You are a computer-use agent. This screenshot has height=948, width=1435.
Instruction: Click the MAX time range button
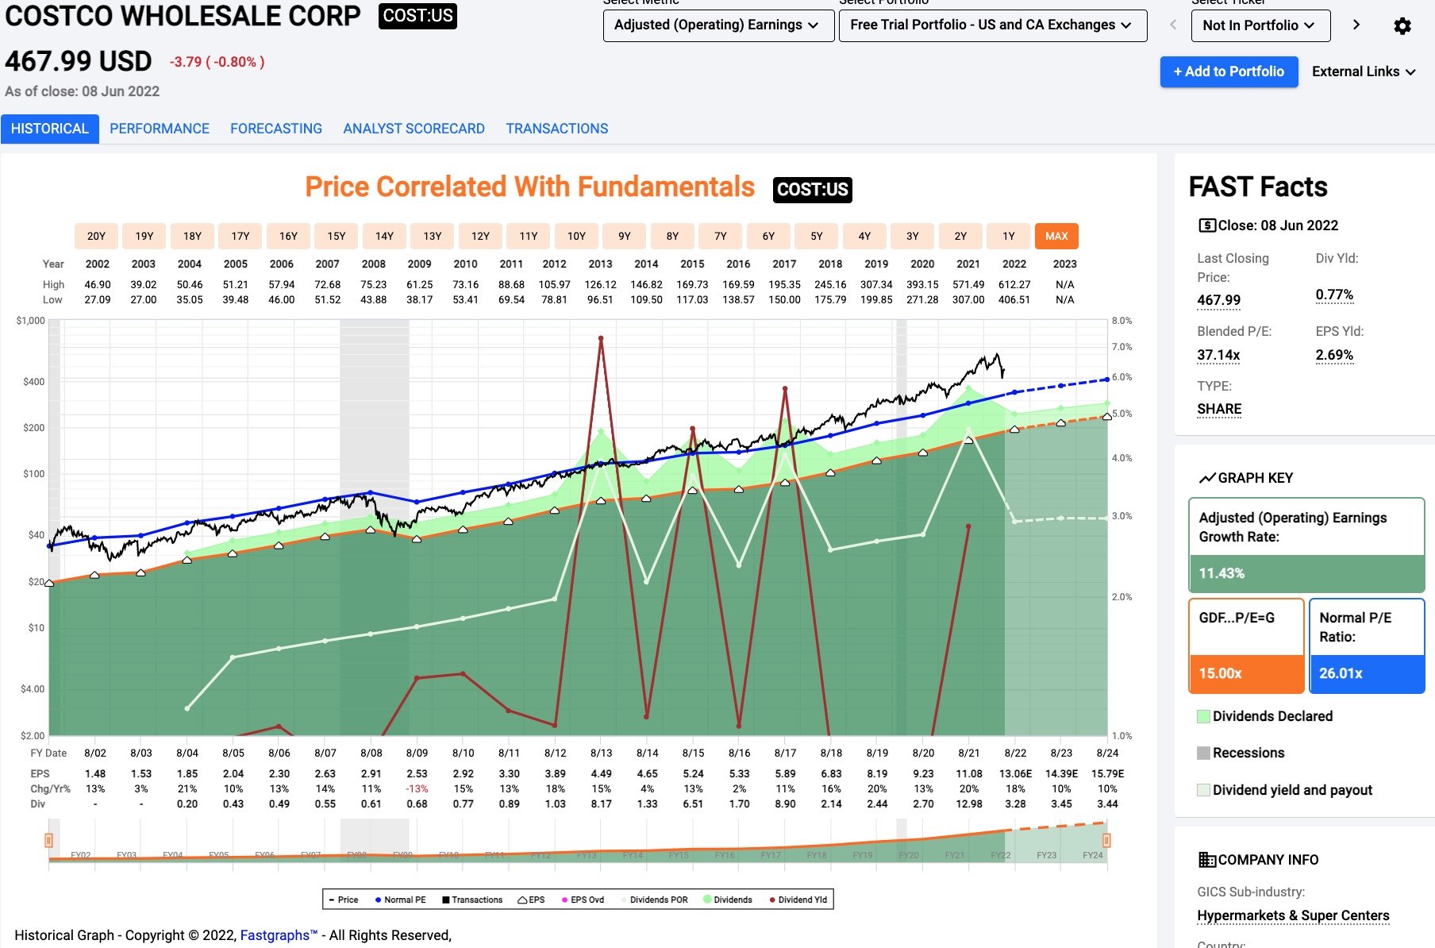tap(1056, 236)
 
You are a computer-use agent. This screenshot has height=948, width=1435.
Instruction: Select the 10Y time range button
tap(576, 236)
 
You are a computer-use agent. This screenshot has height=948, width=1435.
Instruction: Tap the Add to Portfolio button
tap(1229, 71)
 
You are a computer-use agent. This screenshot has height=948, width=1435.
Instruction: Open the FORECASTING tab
tap(276, 129)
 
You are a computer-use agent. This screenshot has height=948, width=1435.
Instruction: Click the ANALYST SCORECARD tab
tap(414, 129)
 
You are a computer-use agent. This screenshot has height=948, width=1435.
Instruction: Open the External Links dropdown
tap(1364, 71)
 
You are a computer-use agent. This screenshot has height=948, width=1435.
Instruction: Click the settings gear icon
tap(1402, 26)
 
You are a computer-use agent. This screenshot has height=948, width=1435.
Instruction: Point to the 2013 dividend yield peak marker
tap(601, 339)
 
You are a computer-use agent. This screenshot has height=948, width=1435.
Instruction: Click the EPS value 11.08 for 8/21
tap(969, 773)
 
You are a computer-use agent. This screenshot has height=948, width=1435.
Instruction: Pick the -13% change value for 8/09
tap(417, 788)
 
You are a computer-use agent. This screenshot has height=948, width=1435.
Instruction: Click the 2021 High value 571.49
tap(968, 284)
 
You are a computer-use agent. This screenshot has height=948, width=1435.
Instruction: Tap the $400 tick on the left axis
tap(33, 382)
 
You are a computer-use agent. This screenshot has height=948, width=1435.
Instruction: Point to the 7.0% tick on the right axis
tap(1121, 347)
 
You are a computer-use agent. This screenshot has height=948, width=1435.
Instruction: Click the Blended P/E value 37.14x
tap(1218, 355)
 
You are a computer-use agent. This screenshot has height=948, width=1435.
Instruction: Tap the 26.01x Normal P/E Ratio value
tap(1341, 673)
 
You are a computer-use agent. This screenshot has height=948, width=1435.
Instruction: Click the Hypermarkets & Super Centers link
tap(1293, 915)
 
